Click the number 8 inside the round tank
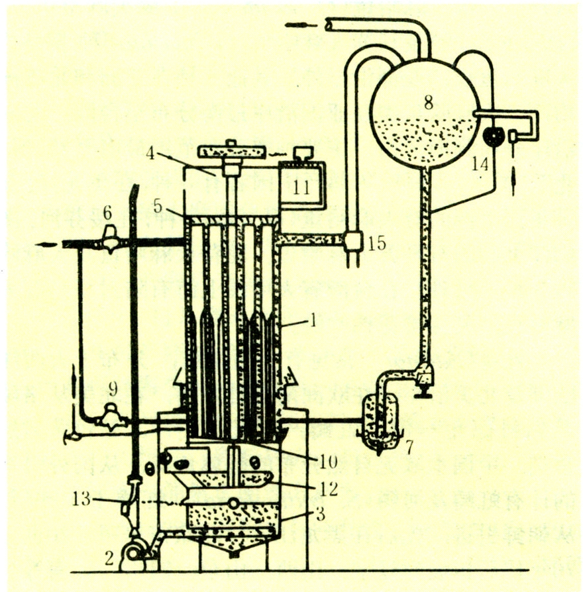(x=429, y=102)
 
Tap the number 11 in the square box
(x=301, y=187)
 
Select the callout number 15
(x=377, y=243)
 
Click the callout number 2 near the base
(x=110, y=558)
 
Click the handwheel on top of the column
(x=231, y=152)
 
